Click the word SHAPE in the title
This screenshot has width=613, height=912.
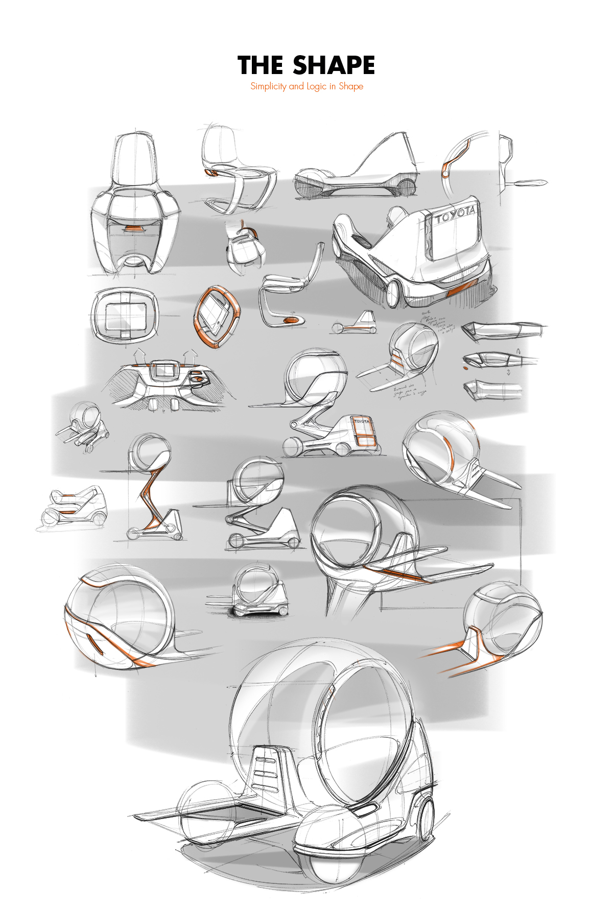point(334,66)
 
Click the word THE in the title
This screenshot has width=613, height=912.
point(261,66)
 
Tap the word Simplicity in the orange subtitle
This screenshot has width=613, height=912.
point(268,86)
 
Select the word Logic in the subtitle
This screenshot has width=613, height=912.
point(316,86)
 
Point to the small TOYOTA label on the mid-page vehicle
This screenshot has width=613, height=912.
point(362,422)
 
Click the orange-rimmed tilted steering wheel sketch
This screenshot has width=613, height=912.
point(217,317)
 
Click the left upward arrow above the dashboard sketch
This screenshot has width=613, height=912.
point(138,355)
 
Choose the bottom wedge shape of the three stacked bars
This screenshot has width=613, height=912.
point(493,391)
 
